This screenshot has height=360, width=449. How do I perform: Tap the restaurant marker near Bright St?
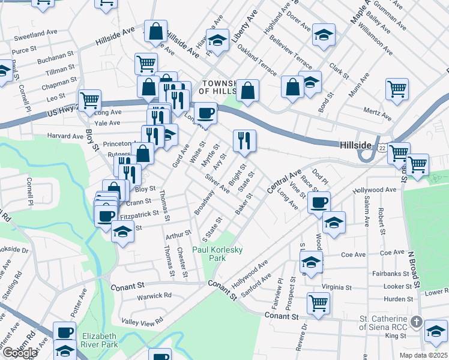point(244,141)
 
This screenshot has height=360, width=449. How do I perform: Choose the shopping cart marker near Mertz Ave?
point(397,89)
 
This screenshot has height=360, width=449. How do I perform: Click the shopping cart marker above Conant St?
point(318,302)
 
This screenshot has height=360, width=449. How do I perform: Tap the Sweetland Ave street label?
point(29,35)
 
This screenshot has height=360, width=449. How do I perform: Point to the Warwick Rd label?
point(154,295)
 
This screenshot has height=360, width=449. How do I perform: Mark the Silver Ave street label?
point(217,184)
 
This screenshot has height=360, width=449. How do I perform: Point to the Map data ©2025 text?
point(423,355)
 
